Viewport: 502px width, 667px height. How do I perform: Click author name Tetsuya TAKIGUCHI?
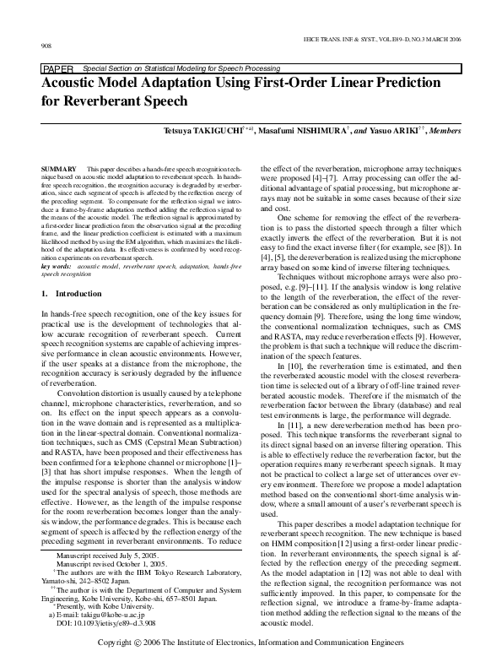[x=206, y=132]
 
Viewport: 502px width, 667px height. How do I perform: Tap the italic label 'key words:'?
[x=57, y=265]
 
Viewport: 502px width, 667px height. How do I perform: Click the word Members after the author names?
[x=443, y=132]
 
